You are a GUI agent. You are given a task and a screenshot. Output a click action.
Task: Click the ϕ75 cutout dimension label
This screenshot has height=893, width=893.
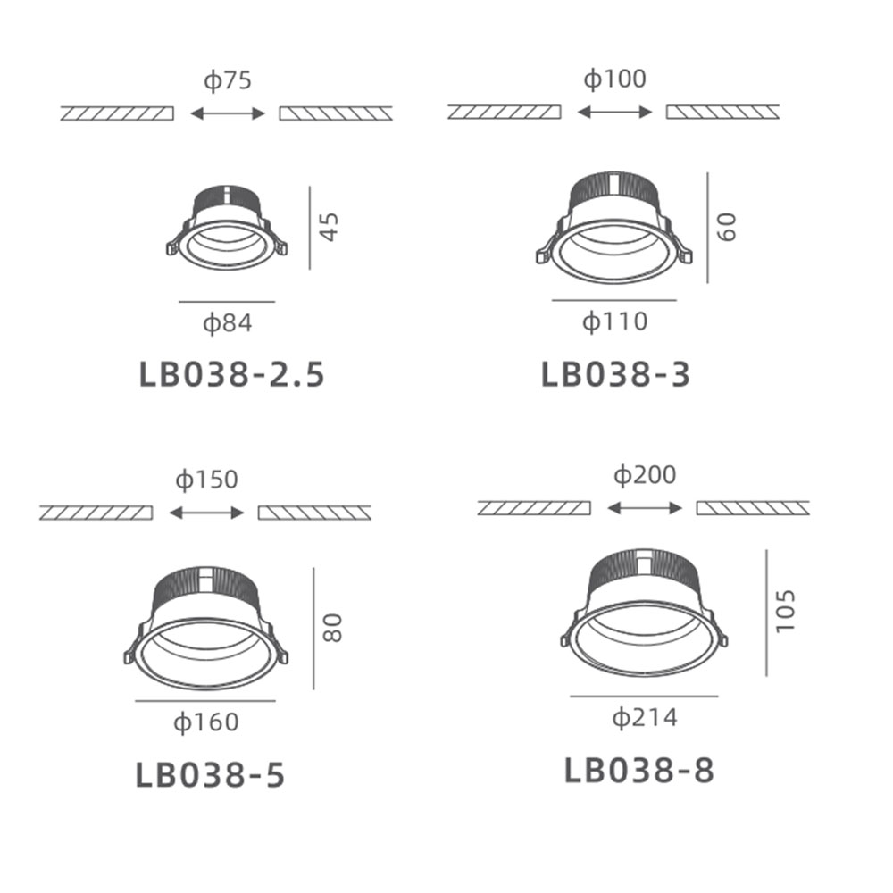click(x=228, y=80)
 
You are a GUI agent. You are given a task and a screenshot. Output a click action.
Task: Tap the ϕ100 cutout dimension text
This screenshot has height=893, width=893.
click(x=615, y=79)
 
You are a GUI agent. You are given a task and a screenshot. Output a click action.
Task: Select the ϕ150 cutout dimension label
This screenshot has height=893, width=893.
click(x=207, y=480)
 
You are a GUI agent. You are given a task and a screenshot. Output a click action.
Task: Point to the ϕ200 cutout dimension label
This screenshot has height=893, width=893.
click(x=645, y=475)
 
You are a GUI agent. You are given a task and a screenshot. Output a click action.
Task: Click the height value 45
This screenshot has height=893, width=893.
click(x=330, y=227)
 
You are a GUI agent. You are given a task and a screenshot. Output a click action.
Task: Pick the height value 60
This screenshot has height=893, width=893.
click(x=727, y=227)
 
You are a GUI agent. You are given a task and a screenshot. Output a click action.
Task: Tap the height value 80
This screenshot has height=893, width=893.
click(x=332, y=628)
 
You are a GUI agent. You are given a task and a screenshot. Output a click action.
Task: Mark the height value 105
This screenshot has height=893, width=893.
click(x=785, y=611)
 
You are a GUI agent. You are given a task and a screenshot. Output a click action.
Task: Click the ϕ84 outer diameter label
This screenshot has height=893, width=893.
click(x=227, y=323)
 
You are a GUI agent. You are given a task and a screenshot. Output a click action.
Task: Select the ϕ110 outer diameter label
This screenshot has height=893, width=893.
click(x=615, y=321)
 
